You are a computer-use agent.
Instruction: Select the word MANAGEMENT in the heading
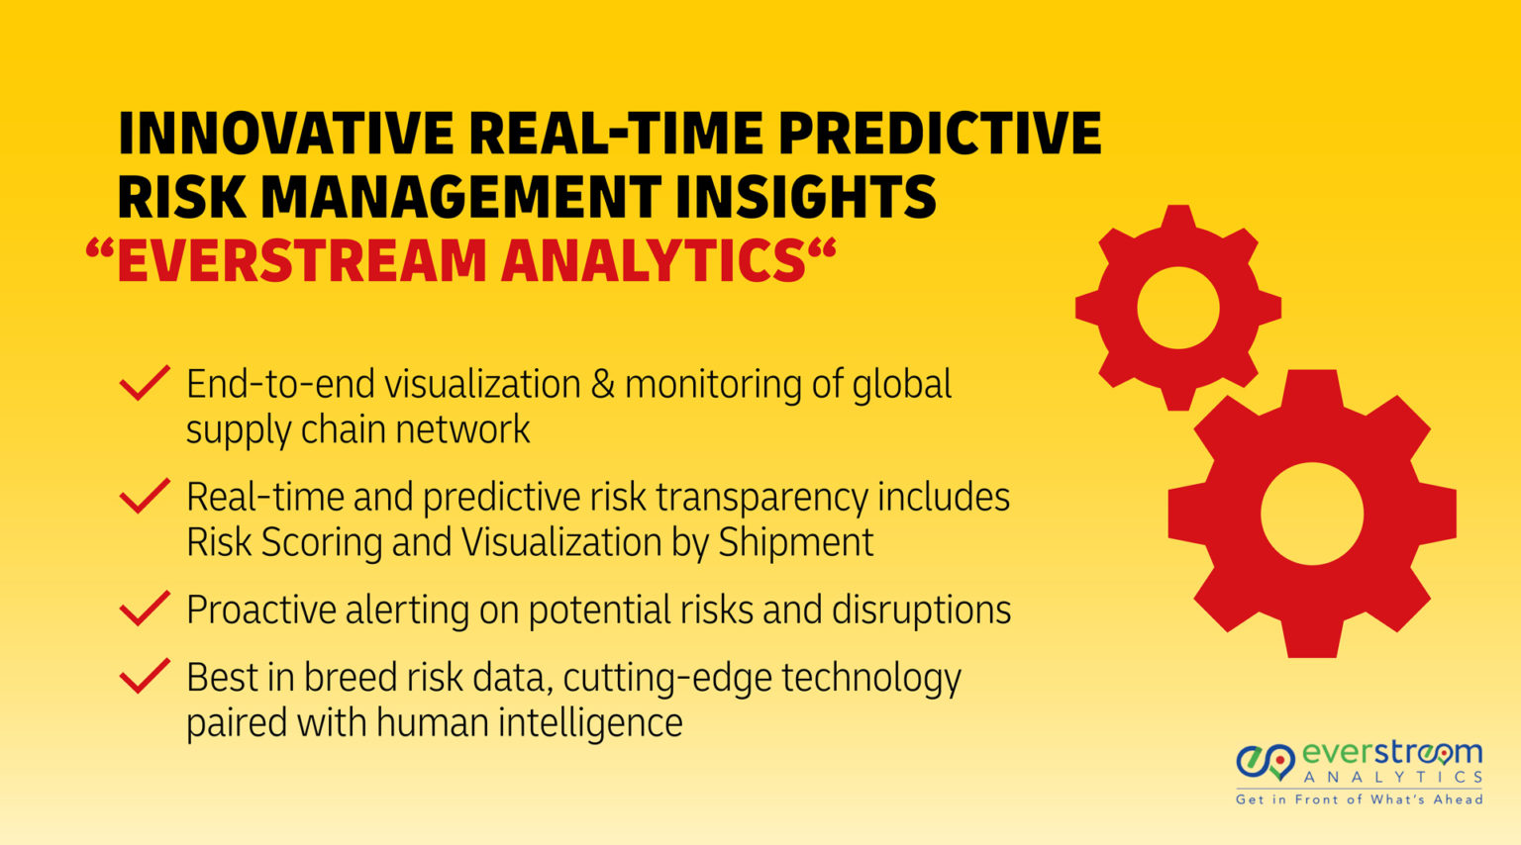coord(460,197)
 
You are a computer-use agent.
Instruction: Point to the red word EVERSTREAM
coord(302,261)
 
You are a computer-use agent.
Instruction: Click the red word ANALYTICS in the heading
coord(654,261)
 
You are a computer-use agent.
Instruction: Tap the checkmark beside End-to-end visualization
coord(145,384)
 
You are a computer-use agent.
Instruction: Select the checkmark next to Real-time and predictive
coord(145,497)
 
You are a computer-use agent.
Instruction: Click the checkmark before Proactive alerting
coord(145,610)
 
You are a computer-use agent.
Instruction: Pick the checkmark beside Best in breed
coord(145,678)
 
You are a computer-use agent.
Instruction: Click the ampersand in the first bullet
coord(602,385)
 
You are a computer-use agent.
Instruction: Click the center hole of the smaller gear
coord(1177,308)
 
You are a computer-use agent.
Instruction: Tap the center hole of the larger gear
coord(1312,514)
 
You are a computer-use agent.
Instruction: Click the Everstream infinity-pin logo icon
coord(1266,762)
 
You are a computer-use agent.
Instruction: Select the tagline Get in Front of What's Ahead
coord(1359,799)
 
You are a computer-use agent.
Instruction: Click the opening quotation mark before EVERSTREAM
coord(99,249)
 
